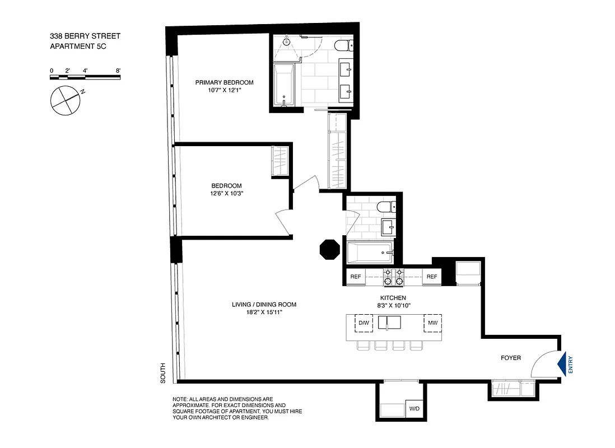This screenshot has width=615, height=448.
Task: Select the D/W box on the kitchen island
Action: [364, 323]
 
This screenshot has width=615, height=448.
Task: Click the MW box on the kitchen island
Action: [432, 323]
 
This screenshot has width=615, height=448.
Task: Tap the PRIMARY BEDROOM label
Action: [220, 82]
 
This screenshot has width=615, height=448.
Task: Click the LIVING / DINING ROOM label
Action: [264, 305]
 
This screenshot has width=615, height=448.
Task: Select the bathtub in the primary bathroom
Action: [284, 84]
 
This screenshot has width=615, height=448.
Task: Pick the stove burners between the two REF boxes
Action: [393, 277]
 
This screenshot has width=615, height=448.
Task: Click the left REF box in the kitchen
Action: [355, 277]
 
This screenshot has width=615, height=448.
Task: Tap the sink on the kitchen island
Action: [390, 323]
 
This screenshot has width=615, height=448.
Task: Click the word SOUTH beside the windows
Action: [162, 373]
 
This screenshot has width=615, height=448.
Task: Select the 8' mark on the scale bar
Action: [118, 71]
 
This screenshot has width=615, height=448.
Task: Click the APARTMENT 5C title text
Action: [78, 47]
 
